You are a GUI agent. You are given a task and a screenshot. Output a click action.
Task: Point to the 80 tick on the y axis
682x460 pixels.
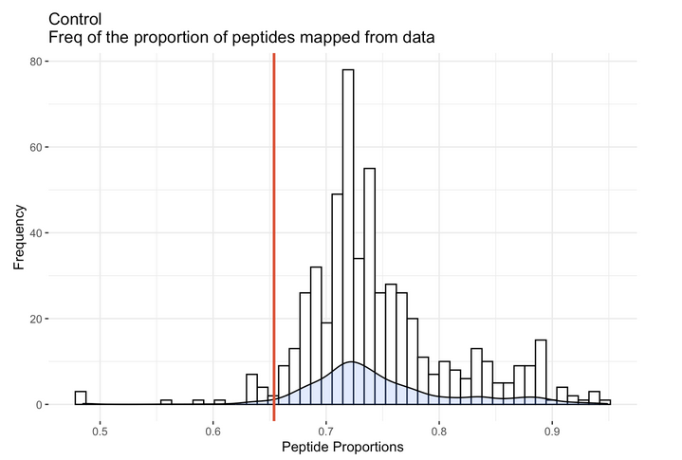click(x=36, y=62)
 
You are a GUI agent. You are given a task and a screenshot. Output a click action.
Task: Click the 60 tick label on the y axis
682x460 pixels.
click(x=36, y=147)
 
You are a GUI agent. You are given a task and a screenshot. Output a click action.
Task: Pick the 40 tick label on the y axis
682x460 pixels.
click(x=36, y=233)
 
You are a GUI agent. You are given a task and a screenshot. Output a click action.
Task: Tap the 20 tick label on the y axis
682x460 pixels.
click(x=36, y=319)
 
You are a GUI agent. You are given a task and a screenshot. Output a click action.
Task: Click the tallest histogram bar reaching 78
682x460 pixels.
click(x=348, y=237)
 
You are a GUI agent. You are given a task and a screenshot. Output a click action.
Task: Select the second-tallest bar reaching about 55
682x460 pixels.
click(x=369, y=285)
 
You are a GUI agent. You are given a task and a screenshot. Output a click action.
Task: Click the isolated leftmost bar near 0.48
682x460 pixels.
click(x=81, y=398)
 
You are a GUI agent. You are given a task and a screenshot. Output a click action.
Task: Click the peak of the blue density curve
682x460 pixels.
click(x=351, y=362)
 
